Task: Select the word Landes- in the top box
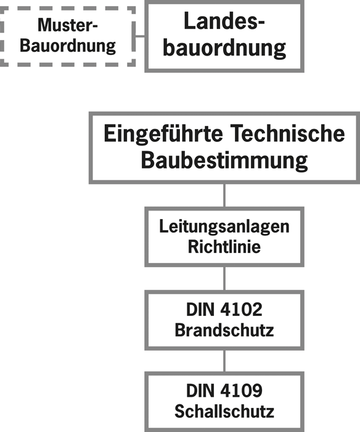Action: click(224, 21)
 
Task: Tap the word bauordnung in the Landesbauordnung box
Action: click(224, 48)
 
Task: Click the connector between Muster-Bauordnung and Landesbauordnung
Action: click(140, 36)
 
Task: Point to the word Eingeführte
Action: click(163, 134)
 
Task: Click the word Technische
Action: click(287, 133)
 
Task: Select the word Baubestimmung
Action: click(224, 161)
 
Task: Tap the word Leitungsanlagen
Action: click(224, 227)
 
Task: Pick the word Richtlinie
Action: click(224, 246)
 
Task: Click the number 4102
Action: click(242, 309)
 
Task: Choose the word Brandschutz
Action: click(224, 330)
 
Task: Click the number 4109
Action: click(242, 391)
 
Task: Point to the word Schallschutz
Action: click(224, 411)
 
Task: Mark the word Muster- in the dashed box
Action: click(68, 25)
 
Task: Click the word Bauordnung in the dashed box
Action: click(68, 46)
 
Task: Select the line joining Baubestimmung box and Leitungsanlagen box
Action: click(224, 195)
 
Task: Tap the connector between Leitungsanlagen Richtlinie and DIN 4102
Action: click(224, 278)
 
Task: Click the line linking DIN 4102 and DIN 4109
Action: click(224, 361)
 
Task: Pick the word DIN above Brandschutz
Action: click(200, 309)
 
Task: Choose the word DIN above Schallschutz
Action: click(200, 391)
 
